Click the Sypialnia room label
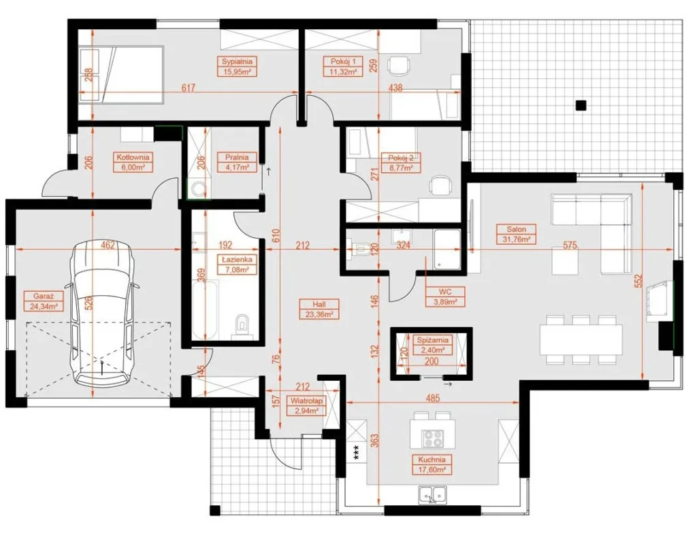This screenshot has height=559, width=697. tap(237, 62)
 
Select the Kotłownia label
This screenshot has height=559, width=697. tap(133, 157)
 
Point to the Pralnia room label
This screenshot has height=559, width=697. tap(237, 157)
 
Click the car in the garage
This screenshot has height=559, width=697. tap(103, 314)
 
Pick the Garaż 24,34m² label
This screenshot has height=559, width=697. tap(44, 301)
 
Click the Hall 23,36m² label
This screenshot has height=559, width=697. tap(319, 309)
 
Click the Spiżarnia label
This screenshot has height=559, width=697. tap(433, 340)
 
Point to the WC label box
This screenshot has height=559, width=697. tap(445, 297)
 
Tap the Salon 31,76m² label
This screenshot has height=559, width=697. tap(516, 234)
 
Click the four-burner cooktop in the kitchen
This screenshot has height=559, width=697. tap(433, 439)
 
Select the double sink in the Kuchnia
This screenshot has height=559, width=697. tap(432, 494)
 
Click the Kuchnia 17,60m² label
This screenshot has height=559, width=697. tap(432, 464)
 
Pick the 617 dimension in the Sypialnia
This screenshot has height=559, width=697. tap(189, 88)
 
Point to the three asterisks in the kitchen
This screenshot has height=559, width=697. tap(355, 452)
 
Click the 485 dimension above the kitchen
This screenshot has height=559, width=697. tap(432, 398)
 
